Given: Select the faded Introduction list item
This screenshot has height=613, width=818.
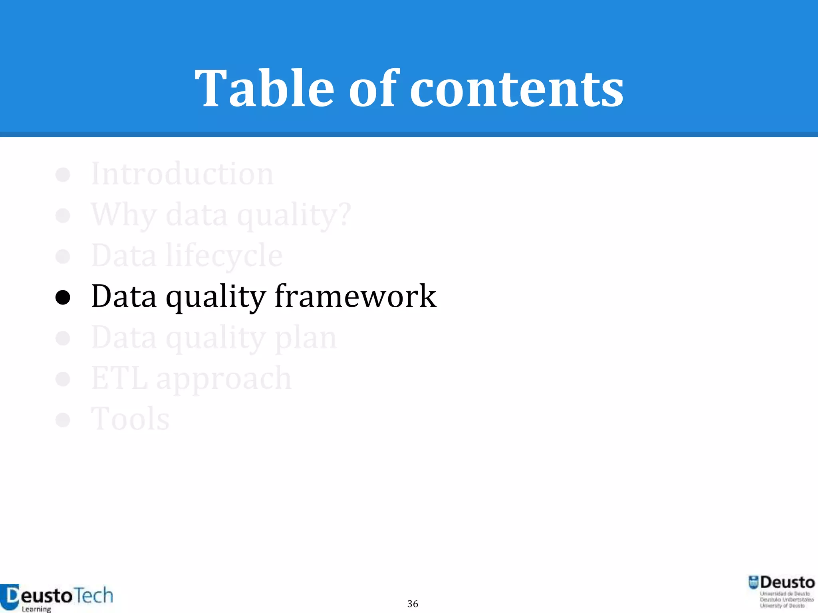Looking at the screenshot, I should pos(182,174).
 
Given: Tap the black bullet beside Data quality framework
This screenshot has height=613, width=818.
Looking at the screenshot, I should pos(63,297).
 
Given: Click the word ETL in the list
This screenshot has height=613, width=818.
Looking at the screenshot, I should pos(119,378).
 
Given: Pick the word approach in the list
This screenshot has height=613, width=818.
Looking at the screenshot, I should pos(224,379).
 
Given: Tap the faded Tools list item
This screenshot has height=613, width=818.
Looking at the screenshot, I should pos(130,419).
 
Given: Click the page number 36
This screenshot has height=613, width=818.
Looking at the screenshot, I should pos(413,604).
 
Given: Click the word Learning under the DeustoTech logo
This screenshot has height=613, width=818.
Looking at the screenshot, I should pos(36,609).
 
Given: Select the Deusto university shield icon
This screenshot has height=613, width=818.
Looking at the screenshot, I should pos(753,583).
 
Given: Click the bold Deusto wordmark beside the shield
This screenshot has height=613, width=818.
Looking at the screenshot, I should pos(787,583).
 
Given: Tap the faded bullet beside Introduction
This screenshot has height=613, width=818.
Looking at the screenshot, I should pos(63,175).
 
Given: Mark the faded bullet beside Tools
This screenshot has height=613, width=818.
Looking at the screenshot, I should pos(63,419).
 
